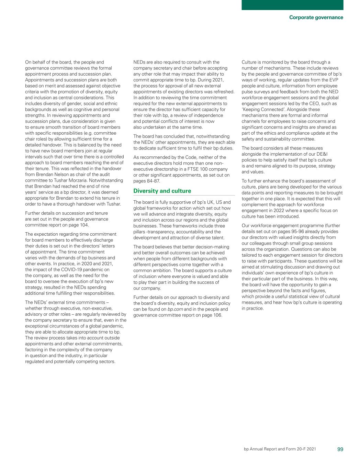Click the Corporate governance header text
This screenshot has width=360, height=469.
pos(316,18)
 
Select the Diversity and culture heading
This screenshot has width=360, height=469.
pos(162,191)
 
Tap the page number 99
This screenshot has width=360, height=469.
pos(340,449)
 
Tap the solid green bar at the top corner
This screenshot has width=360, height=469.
pos(292,5)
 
